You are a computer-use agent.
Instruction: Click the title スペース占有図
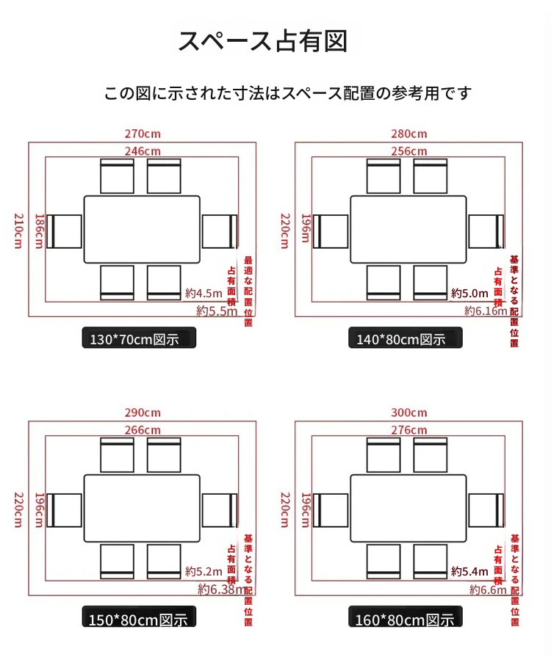[x=262, y=41]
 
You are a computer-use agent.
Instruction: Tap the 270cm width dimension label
[x=143, y=134]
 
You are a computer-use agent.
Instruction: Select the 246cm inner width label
[x=143, y=150]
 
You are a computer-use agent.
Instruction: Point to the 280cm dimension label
[x=408, y=134]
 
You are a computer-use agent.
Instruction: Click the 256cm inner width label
[x=408, y=150]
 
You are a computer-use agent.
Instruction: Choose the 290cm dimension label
[x=143, y=413]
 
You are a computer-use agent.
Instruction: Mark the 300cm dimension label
[x=408, y=413]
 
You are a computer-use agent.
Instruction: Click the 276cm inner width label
[x=408, y=429]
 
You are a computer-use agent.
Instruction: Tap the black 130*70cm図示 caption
[x=139, y=339]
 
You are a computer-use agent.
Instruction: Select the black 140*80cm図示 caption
[x=406, y=339]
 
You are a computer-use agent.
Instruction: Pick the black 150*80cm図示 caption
[x=139, y=619]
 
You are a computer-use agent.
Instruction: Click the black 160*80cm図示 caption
[x=406, y=619]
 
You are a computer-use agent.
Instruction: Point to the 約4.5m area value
[x=204, y=293]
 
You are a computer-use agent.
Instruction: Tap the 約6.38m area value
[x=221, y=589]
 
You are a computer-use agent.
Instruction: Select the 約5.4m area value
[x=469, y=571]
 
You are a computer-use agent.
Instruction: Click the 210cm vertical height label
[x=19, y=231]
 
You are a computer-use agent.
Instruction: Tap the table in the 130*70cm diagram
[x=142, y=230]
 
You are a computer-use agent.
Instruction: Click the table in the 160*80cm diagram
[x=408, y=508]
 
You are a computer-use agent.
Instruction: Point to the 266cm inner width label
[x=143, y=429]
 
